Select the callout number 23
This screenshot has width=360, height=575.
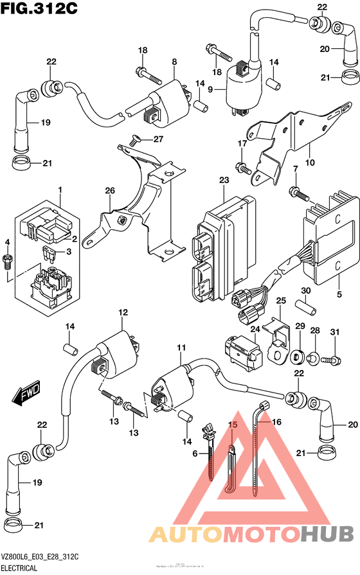pyautogui.click(x=223, y=181)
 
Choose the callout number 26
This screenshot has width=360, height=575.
pyautogui.click(x=109, y=191)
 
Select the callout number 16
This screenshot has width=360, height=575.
pyautogui.click(x=277, y=422)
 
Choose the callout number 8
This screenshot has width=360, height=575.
pyautogui.click(x=174, y=62)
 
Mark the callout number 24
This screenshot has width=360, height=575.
pyautogui.click(x=254, y=330)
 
